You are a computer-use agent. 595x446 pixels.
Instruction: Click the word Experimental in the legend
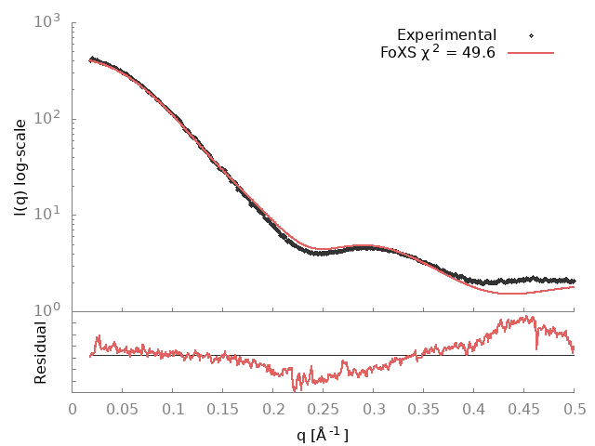click(446, 35)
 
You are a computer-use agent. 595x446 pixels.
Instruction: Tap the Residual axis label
click(40, 352)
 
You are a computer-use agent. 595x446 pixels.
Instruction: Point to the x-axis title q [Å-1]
click(323, 433)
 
